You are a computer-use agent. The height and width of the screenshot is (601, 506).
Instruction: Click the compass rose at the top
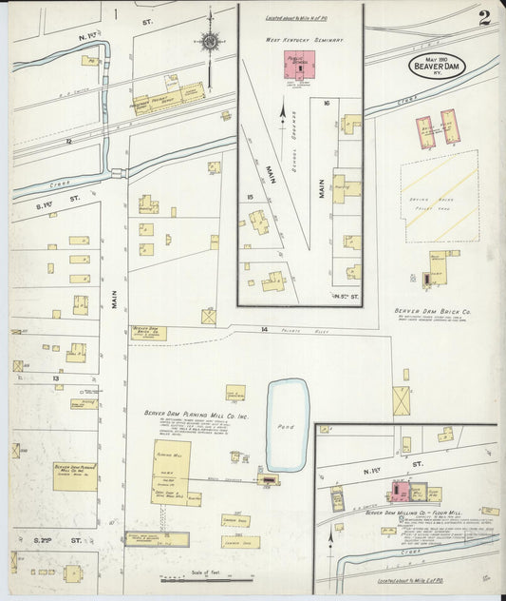tap(210, 41)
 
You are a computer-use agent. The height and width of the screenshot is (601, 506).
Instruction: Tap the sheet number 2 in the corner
tap(484, 17)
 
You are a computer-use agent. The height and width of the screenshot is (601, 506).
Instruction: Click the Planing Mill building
tap(171, 470)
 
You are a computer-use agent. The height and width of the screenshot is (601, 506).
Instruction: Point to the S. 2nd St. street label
tap(45, 539)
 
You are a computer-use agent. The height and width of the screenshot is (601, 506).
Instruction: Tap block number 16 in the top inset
tap(326, 102)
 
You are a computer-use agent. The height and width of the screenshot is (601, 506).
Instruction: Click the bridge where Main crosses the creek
tap(117, 173)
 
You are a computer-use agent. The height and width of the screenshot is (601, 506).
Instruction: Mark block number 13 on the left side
tap(56, 378)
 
